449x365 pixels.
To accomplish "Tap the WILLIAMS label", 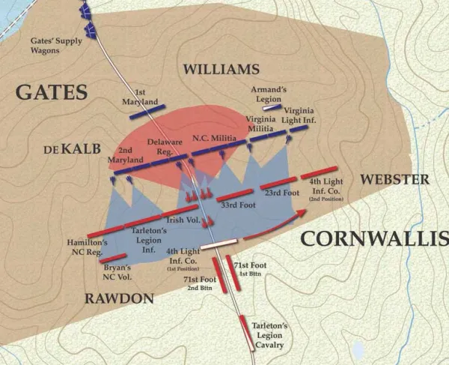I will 221,70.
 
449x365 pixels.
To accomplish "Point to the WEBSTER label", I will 394,179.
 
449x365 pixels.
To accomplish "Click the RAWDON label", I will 120,298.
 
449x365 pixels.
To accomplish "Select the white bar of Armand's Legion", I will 272,108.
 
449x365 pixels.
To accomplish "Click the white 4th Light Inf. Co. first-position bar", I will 218,243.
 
